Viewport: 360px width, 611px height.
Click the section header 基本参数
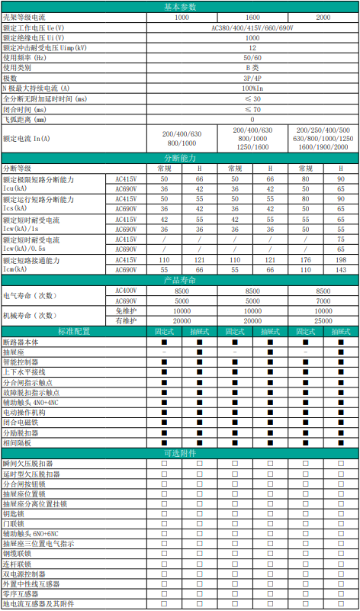click(x=180, y=5)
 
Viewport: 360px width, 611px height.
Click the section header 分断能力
click(x=180, y=157)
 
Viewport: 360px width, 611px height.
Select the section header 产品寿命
click(x=180, y=280)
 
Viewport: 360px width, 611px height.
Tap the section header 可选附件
click(x=180, y=453)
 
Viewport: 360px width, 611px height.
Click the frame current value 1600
click(x=252, y=16)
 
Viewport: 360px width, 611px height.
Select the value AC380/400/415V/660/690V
click(x=252, y=27)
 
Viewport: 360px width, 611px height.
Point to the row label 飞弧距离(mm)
click(x=25, y=120)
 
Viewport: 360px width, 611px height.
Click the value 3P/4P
click(x=252, y=79)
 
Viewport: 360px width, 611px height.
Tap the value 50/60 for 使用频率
click(x=252, y=57)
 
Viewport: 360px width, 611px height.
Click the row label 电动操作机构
click(x=25, y=412)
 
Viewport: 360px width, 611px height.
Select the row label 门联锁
click(x=14, y=524)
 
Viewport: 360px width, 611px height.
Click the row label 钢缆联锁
click(x=17, y=554)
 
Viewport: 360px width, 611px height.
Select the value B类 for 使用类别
click(x=252, y=68)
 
